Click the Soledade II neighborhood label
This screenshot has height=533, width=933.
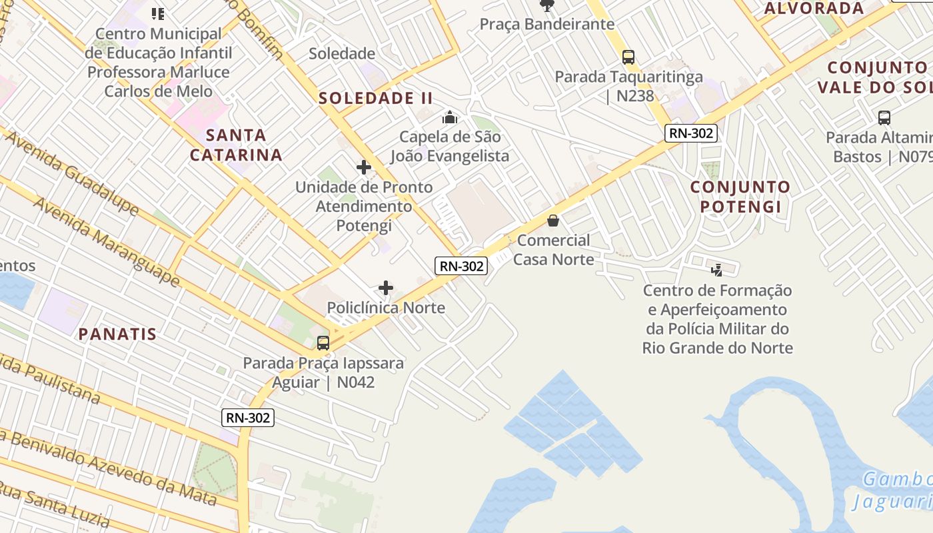click(x=376, y=99)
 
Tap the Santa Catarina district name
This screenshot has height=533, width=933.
click(x=237, y=145)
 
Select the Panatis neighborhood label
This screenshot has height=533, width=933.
click(x=117, y=334)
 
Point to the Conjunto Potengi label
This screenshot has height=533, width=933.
click(x=740, y=197)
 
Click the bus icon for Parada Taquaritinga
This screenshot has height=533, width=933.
click(x=628, y=57)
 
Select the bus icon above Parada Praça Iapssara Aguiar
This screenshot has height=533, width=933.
click(x=323, y=343)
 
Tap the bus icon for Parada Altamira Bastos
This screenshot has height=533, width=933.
click(x=884, y=118)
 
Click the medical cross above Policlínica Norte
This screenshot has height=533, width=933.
click(x=386, y=288)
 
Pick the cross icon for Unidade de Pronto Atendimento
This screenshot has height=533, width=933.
click(x=363, y=167)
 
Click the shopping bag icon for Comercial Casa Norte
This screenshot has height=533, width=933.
click(x=553, y=221)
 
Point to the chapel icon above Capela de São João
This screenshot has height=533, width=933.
click(x=450, y=118)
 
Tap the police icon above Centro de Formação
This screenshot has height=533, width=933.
click(x=717, y=270)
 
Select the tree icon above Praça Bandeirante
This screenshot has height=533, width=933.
click(x=547, y=6)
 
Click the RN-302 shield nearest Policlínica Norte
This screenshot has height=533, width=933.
click(x=462, y=266)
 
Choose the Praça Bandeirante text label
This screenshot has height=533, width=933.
click(x=547, y=25)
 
